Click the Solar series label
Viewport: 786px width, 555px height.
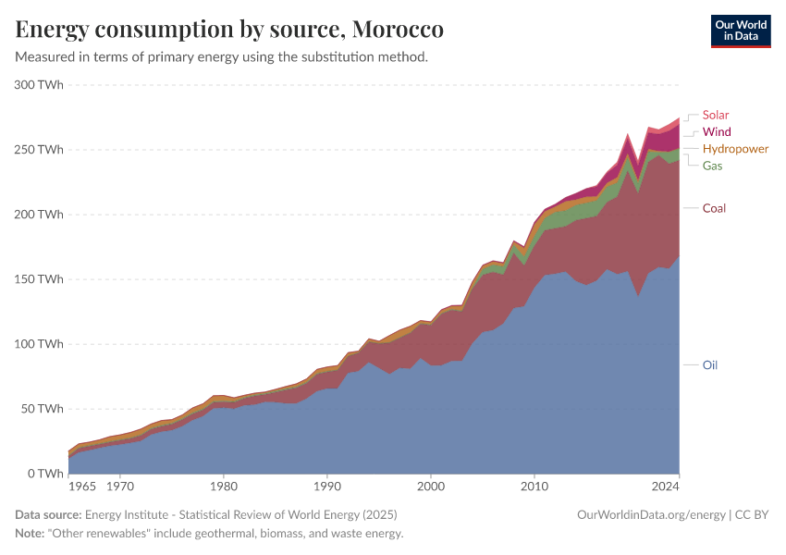click(x=715, y=116)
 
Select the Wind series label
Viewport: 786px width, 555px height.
click(x=716, y=132)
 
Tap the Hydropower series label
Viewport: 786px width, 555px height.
click(x=735, y=149)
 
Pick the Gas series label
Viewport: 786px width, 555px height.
click(x=712, y=166)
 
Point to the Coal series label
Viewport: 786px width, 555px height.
click(x=714, y=208)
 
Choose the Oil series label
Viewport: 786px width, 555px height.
click(x=709, y=365)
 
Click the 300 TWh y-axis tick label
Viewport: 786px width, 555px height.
click(x=39, y=84)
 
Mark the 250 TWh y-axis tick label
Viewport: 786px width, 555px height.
click(x=39, y=149)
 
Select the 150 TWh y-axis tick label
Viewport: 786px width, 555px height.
click(x=39, y=278)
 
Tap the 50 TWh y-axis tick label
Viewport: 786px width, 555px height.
click(x=42, y=408)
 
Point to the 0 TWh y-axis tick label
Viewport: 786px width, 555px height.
click(x=45, y=473)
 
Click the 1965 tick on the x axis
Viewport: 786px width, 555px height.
click(x=81, y=485)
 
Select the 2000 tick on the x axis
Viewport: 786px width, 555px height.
click(x=430, y=485)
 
